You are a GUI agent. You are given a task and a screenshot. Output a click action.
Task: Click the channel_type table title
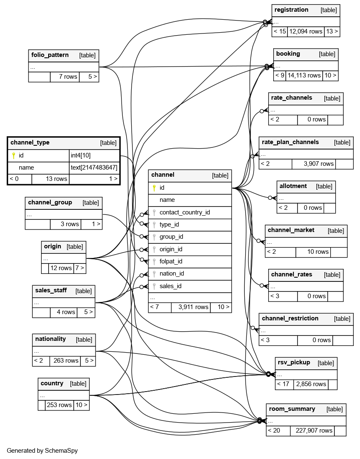tap(30, 143)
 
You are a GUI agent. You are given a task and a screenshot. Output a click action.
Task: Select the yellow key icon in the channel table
tap(154, 188)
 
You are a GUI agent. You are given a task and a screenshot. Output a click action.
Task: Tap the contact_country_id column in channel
tap(184, 212)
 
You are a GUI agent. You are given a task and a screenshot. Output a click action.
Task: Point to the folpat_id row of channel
tap(171, 261)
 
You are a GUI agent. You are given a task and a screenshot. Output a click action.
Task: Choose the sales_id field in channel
tap(170, 286)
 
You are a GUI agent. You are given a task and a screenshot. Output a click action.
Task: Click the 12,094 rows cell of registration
tap(306, 31)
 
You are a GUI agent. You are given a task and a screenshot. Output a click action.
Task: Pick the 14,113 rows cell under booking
tap(304, 76)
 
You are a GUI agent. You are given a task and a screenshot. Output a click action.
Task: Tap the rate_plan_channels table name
tap(290, 142)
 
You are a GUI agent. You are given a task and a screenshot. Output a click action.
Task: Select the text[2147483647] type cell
tap(94, 168)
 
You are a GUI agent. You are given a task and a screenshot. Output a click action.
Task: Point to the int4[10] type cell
tap(80, 155)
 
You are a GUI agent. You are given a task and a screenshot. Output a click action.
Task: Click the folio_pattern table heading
tap(50, 55)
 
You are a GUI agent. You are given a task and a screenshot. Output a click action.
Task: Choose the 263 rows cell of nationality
tap(65, 361)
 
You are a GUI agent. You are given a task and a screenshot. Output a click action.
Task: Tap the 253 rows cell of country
tap(59, 405)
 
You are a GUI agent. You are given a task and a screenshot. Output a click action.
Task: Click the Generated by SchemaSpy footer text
tap(42, 451)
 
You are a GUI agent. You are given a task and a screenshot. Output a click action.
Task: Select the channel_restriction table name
tap(290, 319)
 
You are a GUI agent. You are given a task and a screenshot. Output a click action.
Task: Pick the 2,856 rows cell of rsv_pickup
tap(311, 384)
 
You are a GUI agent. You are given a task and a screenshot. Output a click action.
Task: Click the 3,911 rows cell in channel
tap(193, 307)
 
